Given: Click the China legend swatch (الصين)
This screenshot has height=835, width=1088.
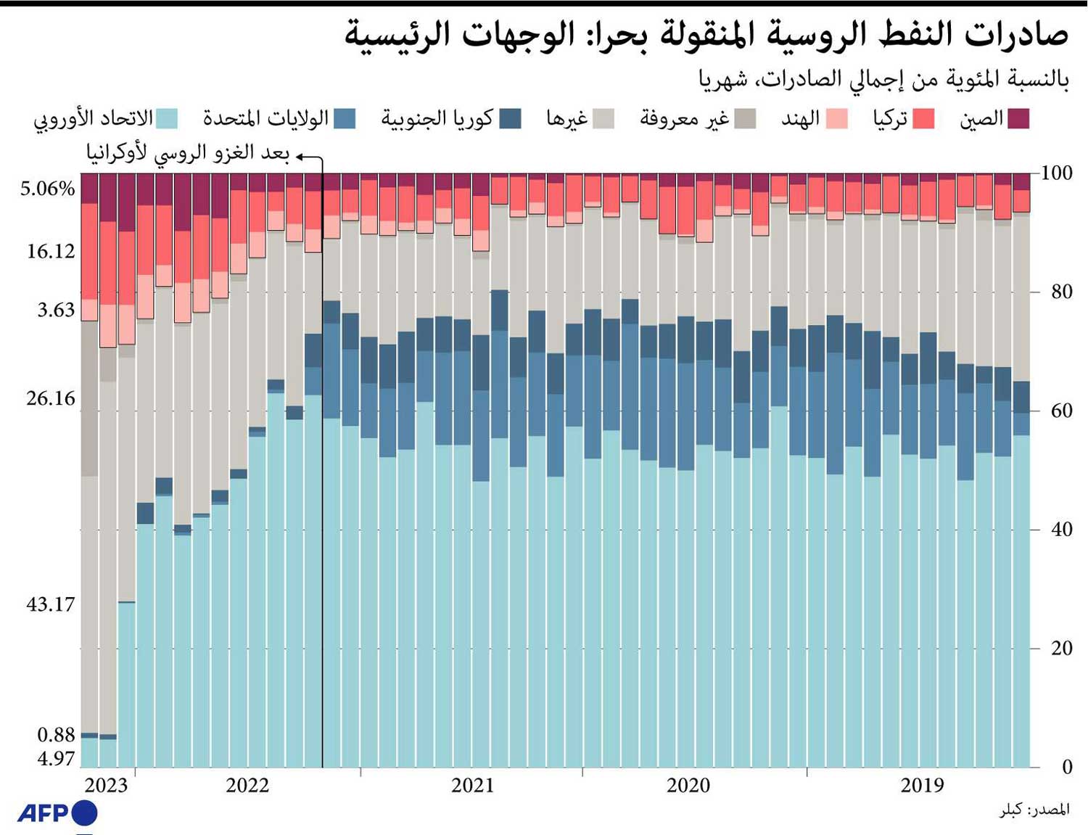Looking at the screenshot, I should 1018,118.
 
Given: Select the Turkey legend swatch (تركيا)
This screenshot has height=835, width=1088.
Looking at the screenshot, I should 923,118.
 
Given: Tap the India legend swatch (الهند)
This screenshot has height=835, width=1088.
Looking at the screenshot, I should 837,118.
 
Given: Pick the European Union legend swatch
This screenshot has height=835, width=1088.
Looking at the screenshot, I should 167,118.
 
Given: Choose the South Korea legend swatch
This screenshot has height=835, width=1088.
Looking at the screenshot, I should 511,118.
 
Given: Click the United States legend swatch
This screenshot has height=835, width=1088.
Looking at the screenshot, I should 345,118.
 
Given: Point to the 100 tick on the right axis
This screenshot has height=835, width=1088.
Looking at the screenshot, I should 1056,173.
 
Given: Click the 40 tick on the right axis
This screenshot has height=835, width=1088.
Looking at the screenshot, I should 1061,529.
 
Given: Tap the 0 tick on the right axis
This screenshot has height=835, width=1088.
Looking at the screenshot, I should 1066,767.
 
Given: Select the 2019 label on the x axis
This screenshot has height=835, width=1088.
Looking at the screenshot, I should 922,785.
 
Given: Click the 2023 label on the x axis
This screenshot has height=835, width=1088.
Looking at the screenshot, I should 106,785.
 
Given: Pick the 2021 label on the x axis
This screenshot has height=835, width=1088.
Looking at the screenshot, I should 472,785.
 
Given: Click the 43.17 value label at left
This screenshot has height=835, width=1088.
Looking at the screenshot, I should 50,604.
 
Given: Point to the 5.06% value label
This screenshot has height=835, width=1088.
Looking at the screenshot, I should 47,189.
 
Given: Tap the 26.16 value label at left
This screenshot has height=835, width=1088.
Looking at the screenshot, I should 50,398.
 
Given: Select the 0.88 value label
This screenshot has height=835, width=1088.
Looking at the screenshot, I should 56,734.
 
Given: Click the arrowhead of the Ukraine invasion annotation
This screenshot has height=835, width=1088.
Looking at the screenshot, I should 299,156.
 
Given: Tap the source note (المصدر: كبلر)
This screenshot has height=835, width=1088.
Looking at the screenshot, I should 1034,810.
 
